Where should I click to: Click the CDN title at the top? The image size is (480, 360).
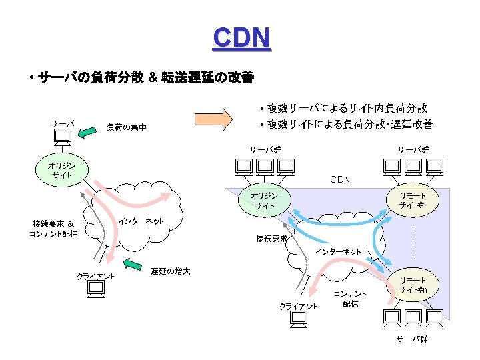point(241,38)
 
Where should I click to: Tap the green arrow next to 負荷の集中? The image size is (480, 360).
point(88,134)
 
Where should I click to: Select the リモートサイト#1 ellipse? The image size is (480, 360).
point(413,199)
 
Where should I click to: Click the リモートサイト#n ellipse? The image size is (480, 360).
point(413,285)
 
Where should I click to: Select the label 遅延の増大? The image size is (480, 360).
point(170,271)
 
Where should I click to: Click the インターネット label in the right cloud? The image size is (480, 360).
point(337,251)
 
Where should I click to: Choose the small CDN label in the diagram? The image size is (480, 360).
point(340,179)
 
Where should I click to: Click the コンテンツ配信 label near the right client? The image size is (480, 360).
point(350,299)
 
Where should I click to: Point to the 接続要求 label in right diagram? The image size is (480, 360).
point(271,238)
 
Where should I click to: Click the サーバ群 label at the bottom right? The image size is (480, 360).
point(411,339)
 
